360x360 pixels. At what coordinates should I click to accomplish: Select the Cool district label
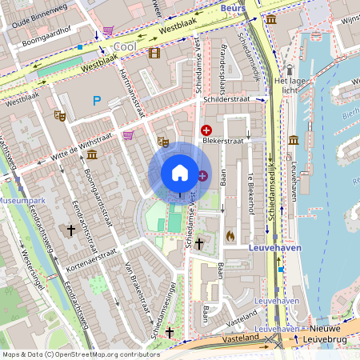(x=125, y=47)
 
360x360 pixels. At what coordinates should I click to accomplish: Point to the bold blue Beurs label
(x=232, y=7)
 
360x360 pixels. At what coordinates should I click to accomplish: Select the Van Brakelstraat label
(x=134, y=287)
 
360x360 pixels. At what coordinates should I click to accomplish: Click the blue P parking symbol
(x=98, y=100)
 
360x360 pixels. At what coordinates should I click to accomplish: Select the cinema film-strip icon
(x=154, y=53)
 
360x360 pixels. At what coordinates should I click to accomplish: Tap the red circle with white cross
(x=206, y=130)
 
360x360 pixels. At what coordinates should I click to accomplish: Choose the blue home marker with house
(x=180, y=173)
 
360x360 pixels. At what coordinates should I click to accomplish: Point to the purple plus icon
(x=202, y=175)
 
